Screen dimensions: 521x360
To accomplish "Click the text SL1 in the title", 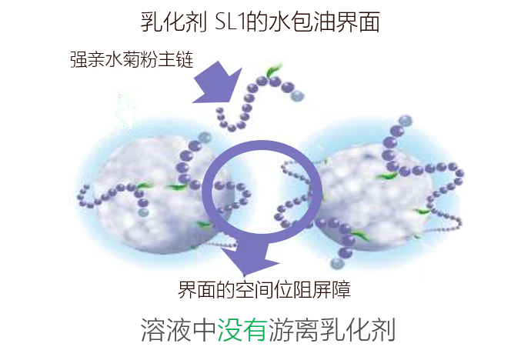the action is tap(229, 22).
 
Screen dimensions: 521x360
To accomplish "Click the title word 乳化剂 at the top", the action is tap(174, 22).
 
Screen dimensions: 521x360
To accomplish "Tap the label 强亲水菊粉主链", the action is tap(132, 60).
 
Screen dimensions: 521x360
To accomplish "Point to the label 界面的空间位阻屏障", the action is tap(265, 290).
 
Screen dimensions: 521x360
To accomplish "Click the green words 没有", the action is tap(242, 330).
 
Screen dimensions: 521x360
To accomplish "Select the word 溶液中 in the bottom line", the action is tap(179, 330).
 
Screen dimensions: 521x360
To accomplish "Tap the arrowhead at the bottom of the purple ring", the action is tap(250, 260).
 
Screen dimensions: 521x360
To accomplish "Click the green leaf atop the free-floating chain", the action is tap(273, 70).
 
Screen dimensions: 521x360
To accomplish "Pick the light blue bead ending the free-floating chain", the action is tap(297, 95).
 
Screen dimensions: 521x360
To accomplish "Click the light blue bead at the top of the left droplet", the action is tap(205, 138).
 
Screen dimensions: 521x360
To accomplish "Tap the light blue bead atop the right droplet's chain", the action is tap(405, 121).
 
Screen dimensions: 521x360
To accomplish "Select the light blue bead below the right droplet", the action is tap(337, 264).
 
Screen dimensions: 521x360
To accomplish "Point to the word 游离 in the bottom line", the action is tap(293, 330).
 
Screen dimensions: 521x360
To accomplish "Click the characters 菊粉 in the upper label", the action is tap(141, 60).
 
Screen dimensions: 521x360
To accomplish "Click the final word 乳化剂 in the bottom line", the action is tap(357, 330).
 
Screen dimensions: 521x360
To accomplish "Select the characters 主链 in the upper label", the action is tap(176, 60).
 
